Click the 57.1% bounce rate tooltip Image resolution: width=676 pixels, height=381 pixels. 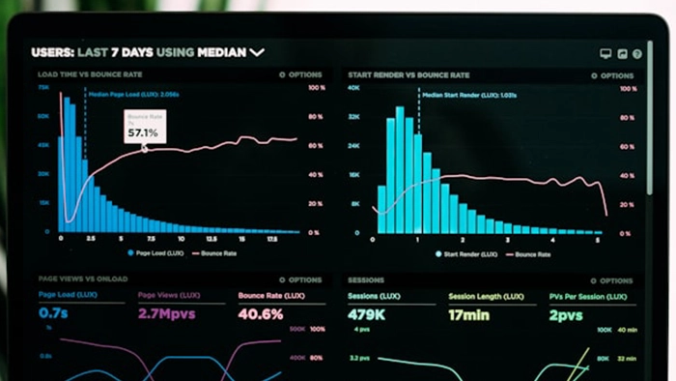tap(143, 127)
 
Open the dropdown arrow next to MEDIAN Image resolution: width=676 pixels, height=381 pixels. tap(256, 53)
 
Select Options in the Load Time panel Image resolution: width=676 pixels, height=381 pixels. tap(300, 74)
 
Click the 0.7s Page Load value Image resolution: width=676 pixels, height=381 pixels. tap(53, 314)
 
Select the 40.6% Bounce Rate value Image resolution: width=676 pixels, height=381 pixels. tap(260, 314)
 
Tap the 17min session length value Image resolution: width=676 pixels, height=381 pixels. tap(470, 314)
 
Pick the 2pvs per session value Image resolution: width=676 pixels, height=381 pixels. tap(566, 314)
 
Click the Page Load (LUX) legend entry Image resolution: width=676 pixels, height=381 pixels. tap(156, 253)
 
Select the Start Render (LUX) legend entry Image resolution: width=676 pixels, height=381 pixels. tap(466, 254)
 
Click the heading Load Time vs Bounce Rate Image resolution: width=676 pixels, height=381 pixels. tap(90, 74)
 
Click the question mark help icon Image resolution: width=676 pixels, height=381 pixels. tap(637, 54)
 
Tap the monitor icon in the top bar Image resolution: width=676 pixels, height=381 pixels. tap(606, 54)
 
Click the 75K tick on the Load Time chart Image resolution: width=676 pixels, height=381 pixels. tap(43, 87)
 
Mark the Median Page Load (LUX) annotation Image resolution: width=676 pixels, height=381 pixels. tap(132, 95)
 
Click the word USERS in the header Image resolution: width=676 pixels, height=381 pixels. tap(50, 52)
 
